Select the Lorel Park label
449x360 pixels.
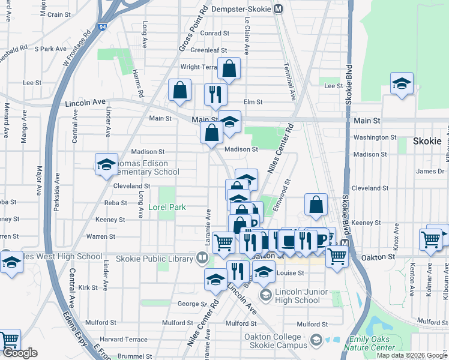click(x=167, y=208)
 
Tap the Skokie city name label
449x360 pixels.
click(x=427, y=142)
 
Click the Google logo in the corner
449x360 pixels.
click(x=20, y=353)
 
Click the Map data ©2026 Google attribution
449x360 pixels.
click(x=412, y=355)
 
